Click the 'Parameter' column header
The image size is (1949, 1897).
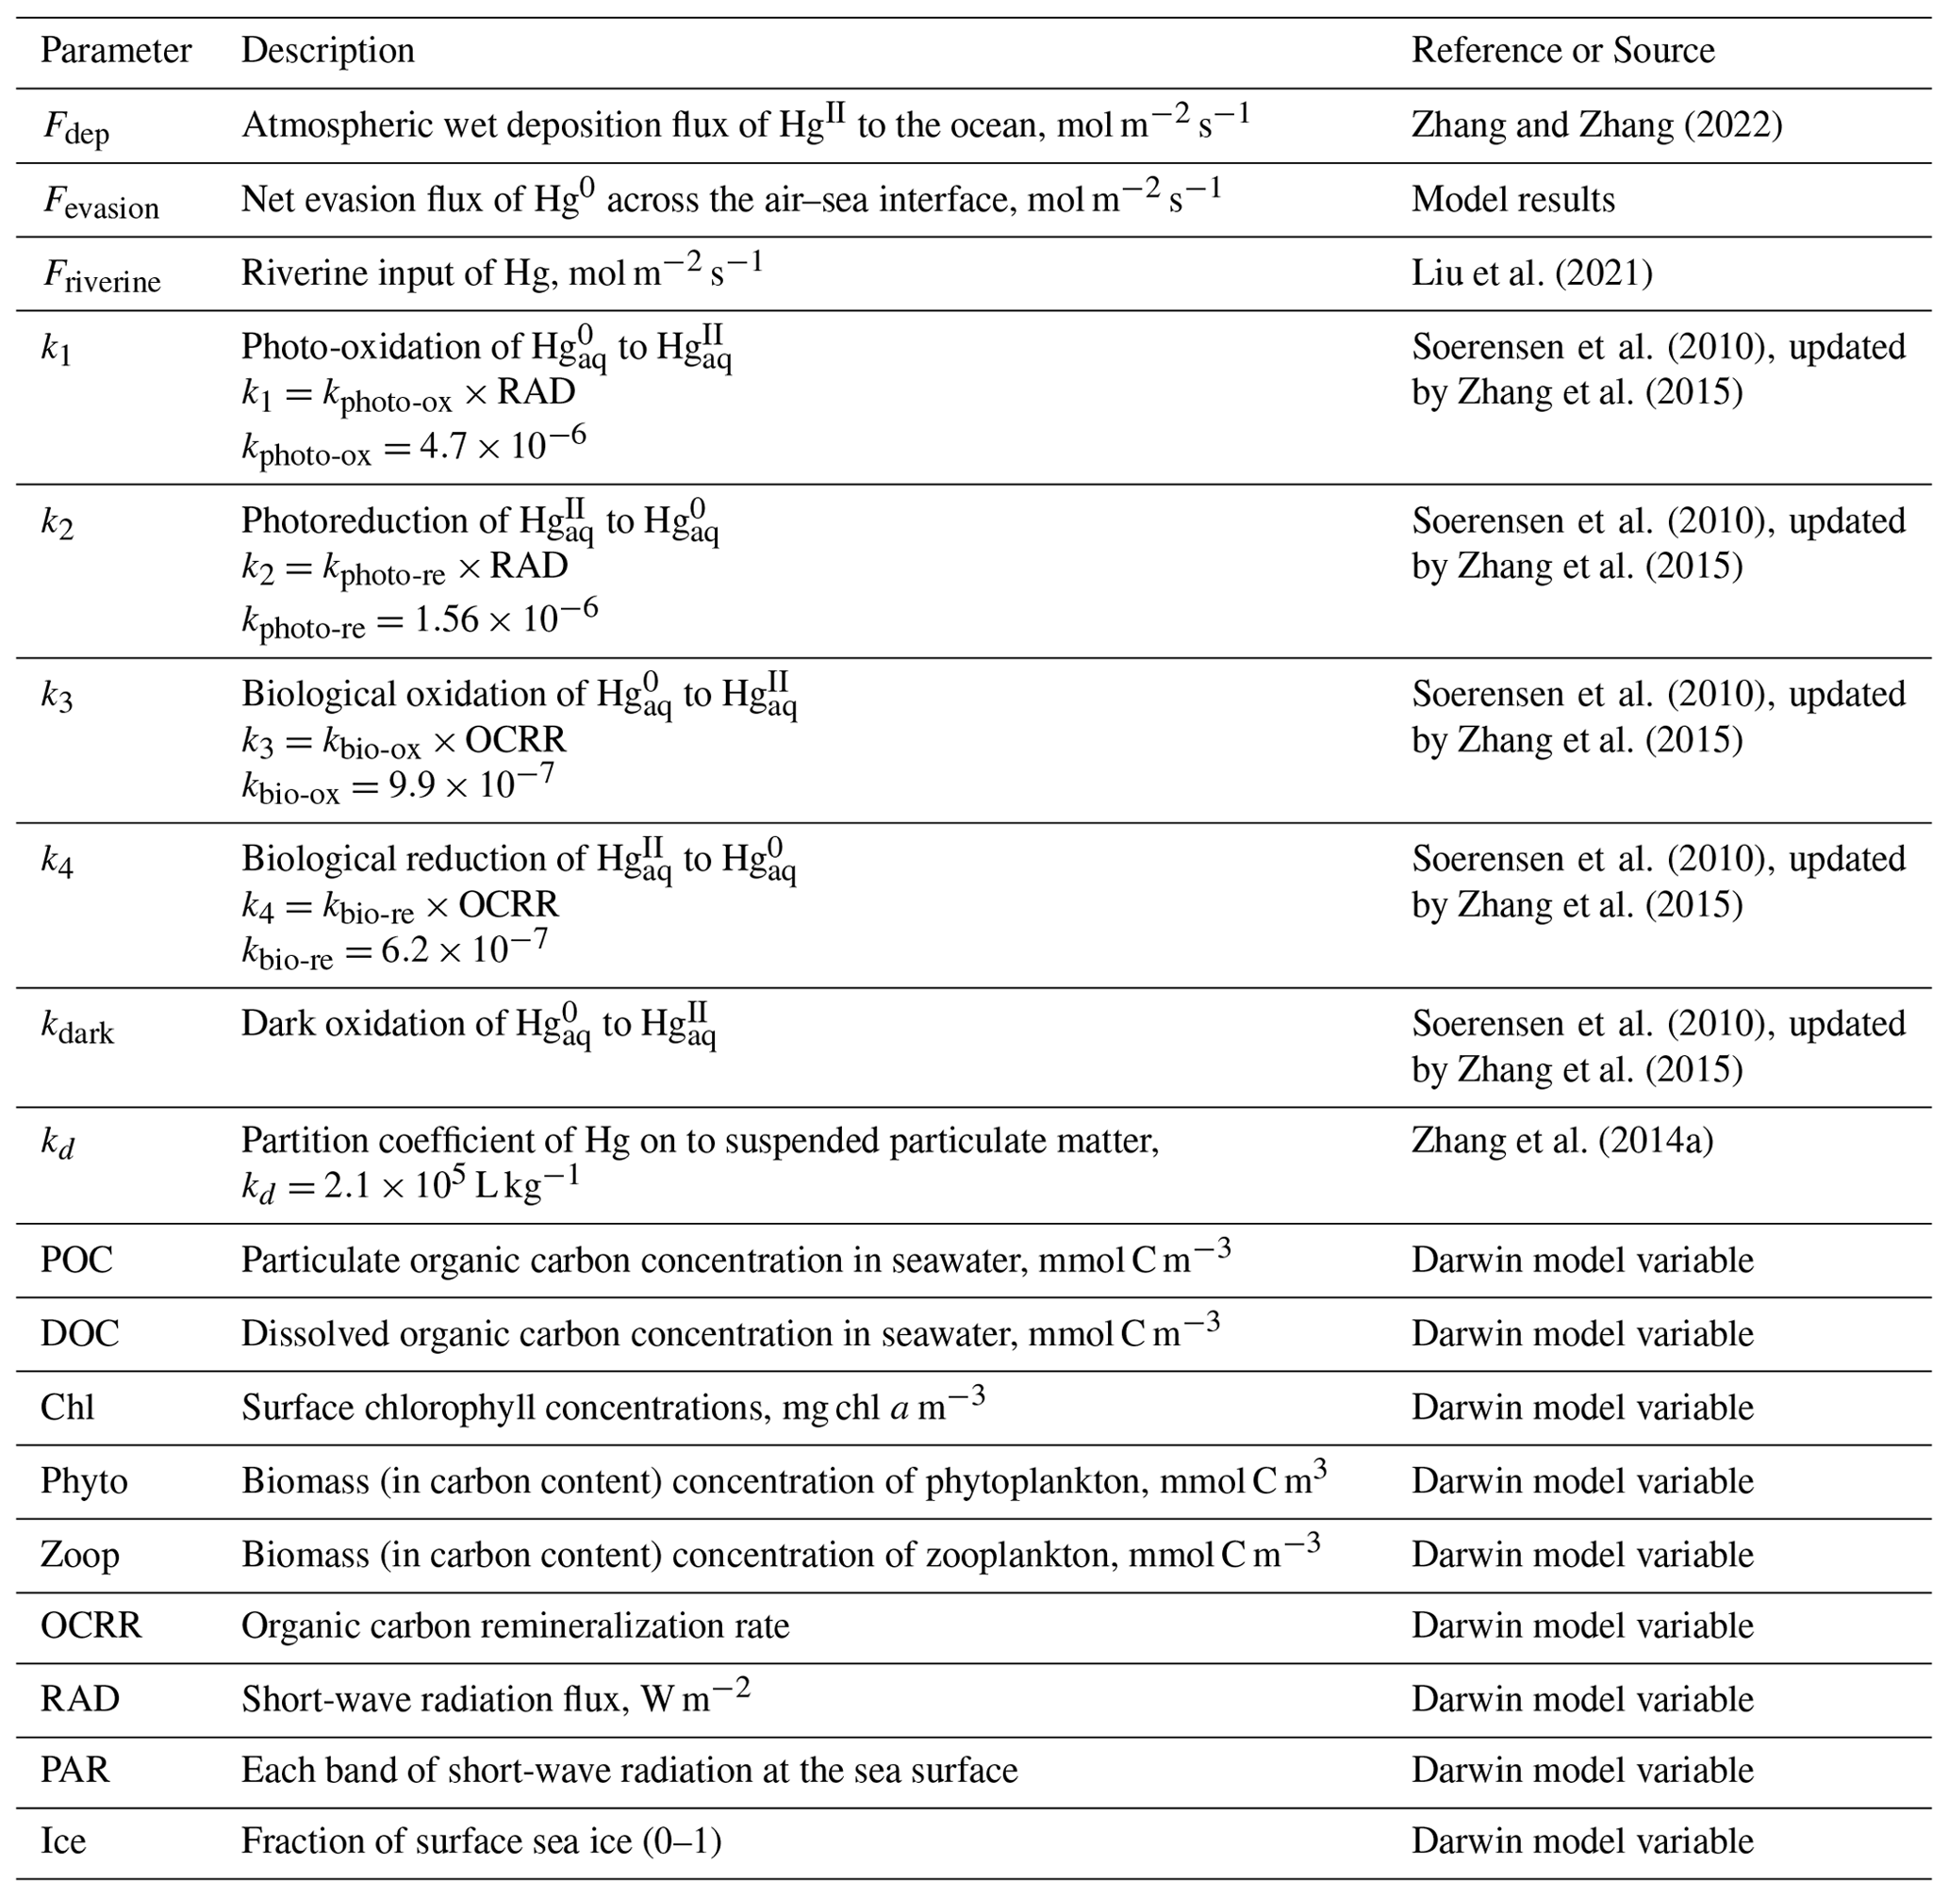[116, 51]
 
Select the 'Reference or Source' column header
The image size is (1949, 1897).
[1562, 51]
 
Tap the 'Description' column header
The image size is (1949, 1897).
[328, 51]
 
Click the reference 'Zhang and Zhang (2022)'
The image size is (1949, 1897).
[1596, 125]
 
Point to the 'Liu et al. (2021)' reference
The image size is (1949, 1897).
[1531, 273]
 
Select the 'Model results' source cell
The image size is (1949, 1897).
[1512, 199]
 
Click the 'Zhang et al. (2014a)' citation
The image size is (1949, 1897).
[1561, 1140]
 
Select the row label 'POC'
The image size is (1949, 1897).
[76, 1261]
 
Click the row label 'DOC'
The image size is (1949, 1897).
[80, 1334]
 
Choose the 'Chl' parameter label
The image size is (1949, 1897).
[67, 1408]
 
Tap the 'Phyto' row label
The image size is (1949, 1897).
[84, 1481]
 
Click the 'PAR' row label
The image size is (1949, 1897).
[74, 1771]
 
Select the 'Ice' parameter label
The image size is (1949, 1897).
[63, 1841]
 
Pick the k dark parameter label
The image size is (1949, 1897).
[76, 1029]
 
